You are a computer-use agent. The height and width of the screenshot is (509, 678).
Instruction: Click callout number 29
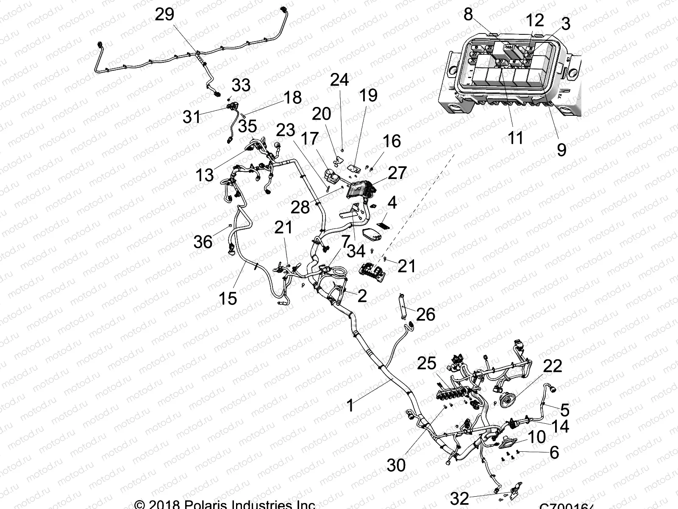click(164, 14)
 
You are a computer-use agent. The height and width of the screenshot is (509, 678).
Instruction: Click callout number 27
click(397, 173)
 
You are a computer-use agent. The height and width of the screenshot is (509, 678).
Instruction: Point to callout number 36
click(203, 242)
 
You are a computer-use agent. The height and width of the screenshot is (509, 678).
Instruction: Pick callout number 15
click(228, 298)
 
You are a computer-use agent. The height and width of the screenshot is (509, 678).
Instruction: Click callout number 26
click(425, 314)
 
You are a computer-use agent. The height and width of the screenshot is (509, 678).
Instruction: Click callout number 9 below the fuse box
click(561, 149)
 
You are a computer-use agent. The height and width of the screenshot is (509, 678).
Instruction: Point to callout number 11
click(515, 138)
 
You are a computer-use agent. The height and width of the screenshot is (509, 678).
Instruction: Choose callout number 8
click(468, 14)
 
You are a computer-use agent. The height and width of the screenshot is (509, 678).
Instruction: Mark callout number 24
click(339, 80)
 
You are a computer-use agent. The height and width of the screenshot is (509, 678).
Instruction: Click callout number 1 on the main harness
click(350, 406)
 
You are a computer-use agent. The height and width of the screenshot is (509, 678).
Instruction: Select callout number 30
click(396, 465)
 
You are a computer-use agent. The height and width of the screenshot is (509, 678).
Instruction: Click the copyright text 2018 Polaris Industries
click(225, 504)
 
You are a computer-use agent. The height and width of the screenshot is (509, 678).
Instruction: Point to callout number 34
click(356, 251)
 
